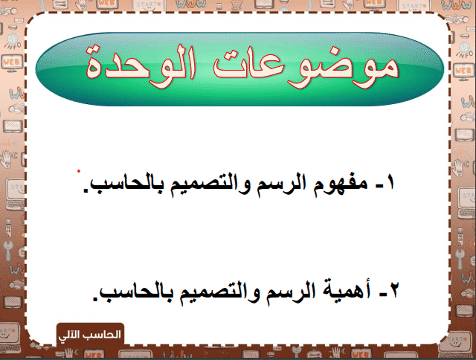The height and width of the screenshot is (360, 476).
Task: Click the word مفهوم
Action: point(340,185)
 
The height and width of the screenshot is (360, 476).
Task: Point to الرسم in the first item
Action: point(280,184)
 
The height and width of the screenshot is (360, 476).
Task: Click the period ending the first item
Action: point(86,190)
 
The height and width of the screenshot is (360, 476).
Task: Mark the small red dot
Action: point(79,172)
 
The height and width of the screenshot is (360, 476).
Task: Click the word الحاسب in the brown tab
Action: point(101,335)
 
